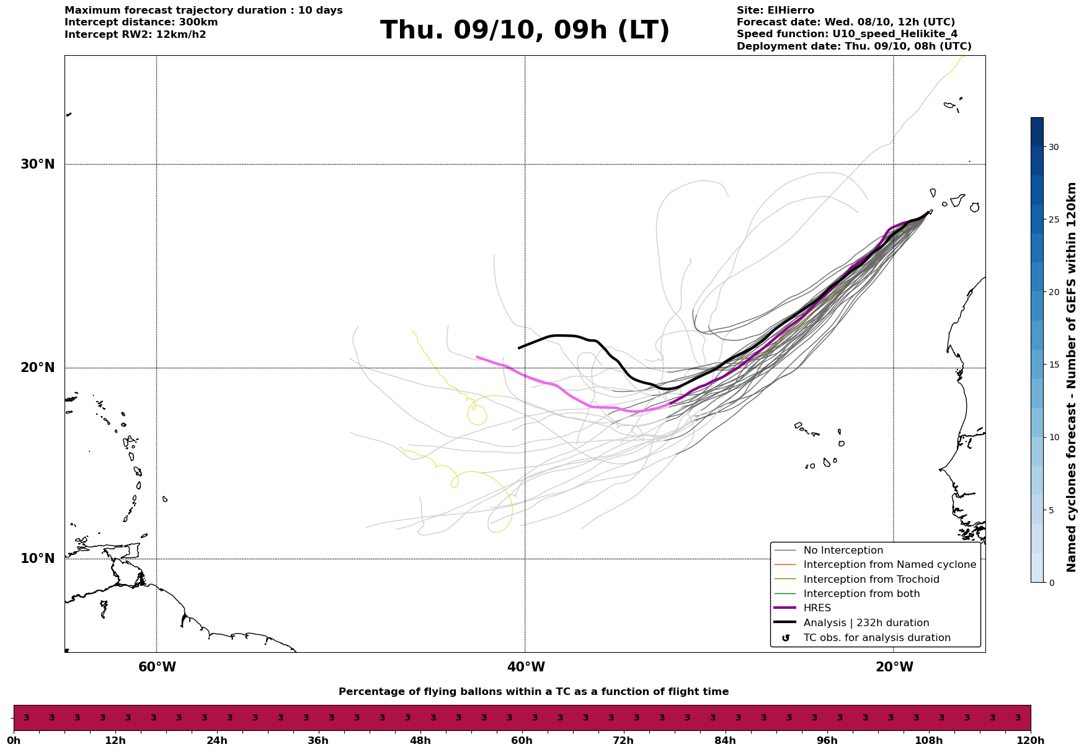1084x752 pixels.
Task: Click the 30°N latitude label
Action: click(37, 164)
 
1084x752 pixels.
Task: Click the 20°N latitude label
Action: click(37, 368)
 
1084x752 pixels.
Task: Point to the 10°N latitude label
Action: click(37, 559)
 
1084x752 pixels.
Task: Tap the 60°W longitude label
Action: click(157, 667)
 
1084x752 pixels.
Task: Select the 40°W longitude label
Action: click(526, 667)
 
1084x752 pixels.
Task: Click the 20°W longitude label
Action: click(894, 667)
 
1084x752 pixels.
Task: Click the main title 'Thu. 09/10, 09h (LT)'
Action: click(525, 30)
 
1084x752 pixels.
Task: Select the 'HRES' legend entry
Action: click(817, 608)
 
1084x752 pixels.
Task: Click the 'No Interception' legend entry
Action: click(843, 551)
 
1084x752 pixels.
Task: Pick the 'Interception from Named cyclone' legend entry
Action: click(889, 565)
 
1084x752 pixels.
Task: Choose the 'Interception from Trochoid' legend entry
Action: click(871, 580)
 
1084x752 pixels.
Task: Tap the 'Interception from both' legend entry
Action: click(861, 594)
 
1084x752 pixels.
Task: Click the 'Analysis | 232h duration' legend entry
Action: click(866, 623)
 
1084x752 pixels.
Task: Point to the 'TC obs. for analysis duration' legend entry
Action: click(876, 638)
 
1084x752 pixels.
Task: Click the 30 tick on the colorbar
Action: click(1054, 147)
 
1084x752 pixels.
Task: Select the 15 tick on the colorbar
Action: click(1054, 365)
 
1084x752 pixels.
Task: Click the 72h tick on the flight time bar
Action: click(623, 741)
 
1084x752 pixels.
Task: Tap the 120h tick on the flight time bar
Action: click(1030, 741)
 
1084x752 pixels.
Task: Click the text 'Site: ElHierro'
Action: click(775, 11)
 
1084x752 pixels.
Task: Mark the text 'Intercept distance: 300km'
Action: click(141, 22)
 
